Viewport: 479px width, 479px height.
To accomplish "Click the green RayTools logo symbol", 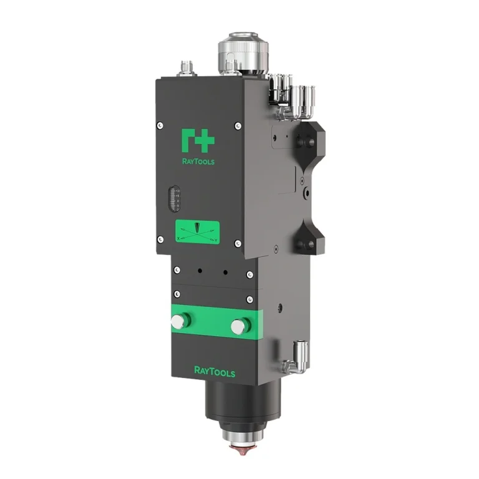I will tap(198, 140).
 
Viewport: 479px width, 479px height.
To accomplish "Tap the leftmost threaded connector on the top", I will tap(186, 67).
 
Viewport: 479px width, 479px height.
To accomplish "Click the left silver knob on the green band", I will tap(180, 321).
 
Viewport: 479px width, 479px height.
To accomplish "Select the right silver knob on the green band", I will tap(238, 326).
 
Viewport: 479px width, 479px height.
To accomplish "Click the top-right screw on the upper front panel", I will tap(238, 127).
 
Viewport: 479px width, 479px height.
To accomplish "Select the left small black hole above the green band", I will tap(198, 271).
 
